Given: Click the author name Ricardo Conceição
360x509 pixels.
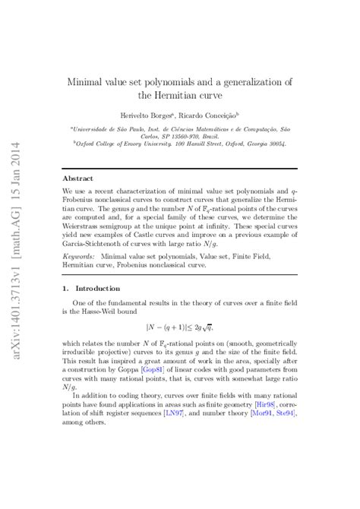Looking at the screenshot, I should (x=210, y=115).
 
